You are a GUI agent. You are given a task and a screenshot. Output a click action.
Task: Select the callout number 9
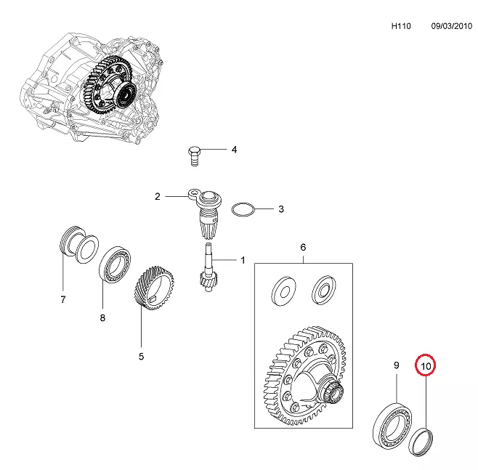tap(397, 365)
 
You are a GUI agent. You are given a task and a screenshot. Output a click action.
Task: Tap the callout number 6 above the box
tap(303, 247)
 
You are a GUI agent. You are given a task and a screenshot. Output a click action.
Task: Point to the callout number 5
tap(141, 356)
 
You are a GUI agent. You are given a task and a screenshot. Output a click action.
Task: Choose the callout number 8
tap(102, 317)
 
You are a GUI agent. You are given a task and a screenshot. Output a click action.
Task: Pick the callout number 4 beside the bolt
tap(234, 150)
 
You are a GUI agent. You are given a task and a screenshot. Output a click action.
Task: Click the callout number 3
tap(280, 210)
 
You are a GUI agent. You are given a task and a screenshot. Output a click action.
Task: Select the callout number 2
tap(156, 196)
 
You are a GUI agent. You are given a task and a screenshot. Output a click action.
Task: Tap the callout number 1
tap(243, 259)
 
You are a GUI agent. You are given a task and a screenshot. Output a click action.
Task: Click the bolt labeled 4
tap(193, 155)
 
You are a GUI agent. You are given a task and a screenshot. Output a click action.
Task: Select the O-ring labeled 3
tap(243, 210)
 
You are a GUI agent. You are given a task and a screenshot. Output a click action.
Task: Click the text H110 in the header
tap(401, 25)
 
